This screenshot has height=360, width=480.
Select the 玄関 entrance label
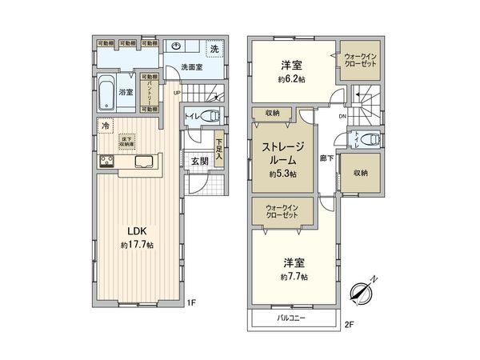tap(199, 160)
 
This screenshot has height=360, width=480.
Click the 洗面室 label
tap(190, 67)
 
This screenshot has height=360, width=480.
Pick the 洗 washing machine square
tap(214, 50)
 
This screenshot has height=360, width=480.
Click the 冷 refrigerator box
tap(105, 126)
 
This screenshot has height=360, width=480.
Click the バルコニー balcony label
tap(293, 318)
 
